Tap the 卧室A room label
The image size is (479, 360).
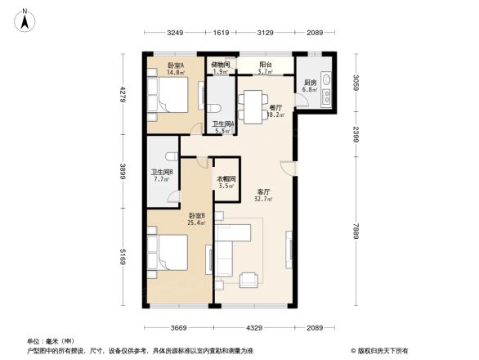click(175, 65)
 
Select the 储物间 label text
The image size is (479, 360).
click(220, 64)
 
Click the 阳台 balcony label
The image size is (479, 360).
click(266, 64)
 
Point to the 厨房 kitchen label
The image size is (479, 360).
click(310, 83)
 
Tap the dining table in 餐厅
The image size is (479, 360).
click(253, 104)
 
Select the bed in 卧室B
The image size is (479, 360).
click(169, 253)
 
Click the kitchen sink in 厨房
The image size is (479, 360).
click(326, 84)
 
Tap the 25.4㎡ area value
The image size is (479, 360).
click(196, 222)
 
